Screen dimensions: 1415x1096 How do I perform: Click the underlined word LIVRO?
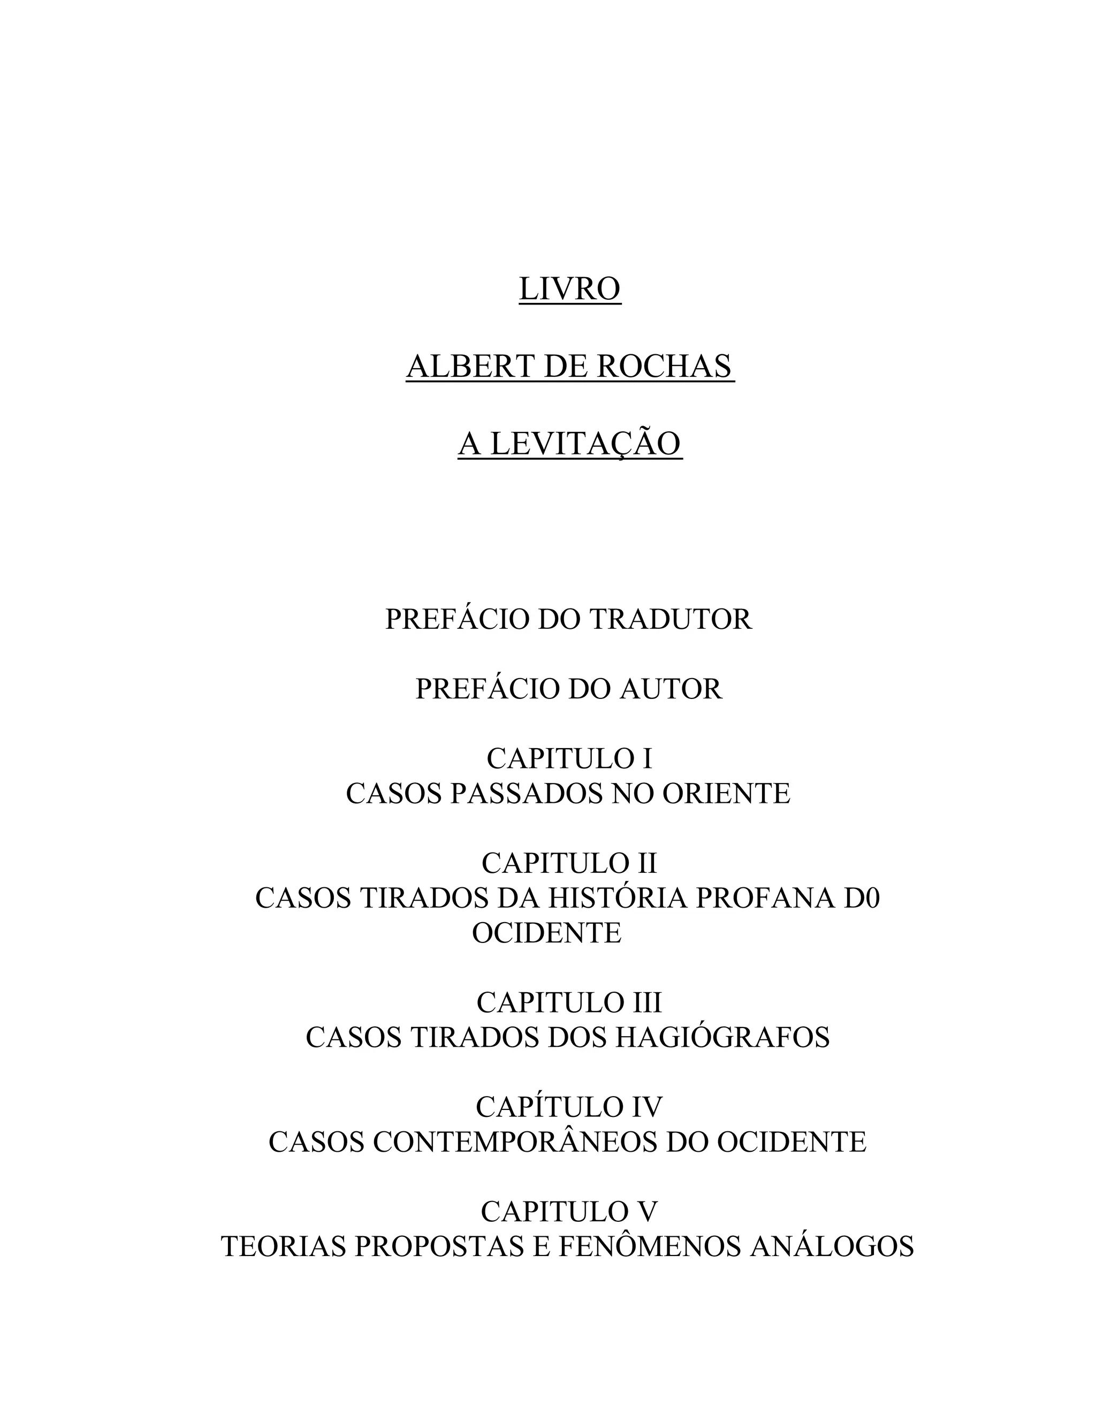(569, 289)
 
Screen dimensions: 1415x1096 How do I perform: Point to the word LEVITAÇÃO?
(585, 444)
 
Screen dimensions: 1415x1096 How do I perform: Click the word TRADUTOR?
(671, 619)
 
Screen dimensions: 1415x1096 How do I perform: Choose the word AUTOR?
(671, 689)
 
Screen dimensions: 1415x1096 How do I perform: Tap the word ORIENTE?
(726, 794)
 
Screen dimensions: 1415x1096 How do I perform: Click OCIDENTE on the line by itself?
(547, 933)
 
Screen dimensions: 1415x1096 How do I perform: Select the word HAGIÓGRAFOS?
(722, 1038)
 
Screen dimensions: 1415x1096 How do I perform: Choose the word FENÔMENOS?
(649, 1247)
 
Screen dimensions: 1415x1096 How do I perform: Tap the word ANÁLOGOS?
(832, 1247)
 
